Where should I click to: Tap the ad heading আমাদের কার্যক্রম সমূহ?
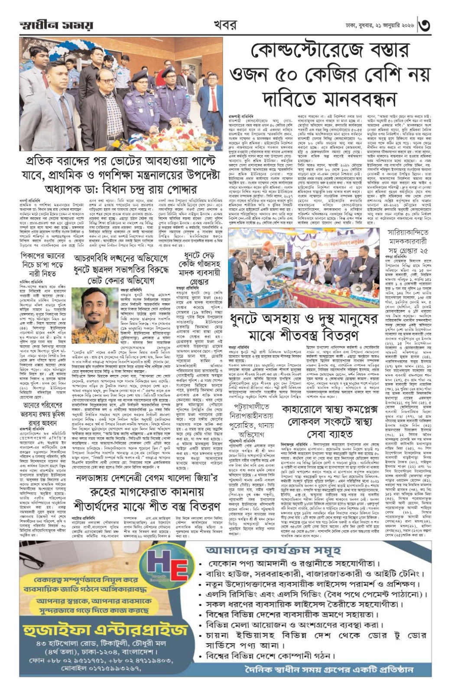point(282,550)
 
